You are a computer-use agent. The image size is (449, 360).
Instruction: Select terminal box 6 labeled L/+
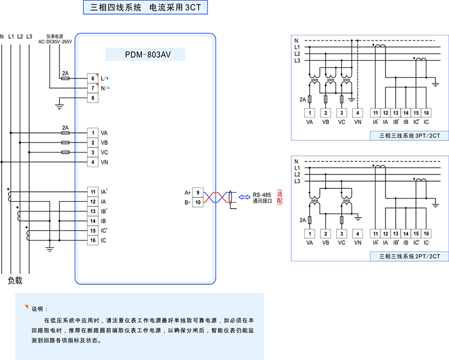point(93,79)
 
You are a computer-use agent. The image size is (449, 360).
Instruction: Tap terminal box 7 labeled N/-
point(93,88)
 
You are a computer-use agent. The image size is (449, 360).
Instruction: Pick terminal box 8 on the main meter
point(93,98)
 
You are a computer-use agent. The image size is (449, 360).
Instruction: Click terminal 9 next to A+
point(198,192)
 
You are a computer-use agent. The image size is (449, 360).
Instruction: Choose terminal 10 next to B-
point(198,202)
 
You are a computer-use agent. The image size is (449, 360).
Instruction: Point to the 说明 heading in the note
point(37,308)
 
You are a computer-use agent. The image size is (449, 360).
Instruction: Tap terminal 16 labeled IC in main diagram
point(93,241)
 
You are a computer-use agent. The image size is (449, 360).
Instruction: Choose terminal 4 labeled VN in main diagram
point(93,162)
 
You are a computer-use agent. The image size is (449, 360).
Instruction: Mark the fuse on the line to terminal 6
point(65,79)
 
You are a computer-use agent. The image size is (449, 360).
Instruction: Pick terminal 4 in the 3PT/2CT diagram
point(358,112)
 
